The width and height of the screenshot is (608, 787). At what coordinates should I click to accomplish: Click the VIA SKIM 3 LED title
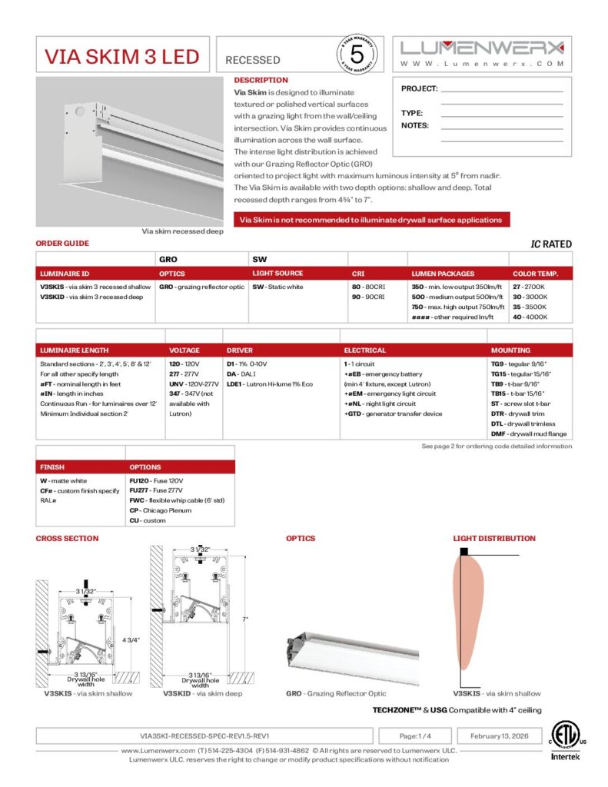click(121, 58)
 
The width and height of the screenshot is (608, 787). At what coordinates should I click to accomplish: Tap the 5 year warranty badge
click(356, 55)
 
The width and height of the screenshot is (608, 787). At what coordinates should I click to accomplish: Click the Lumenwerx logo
click(482, 47)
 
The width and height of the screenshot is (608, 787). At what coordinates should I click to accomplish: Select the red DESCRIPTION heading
click(261, 80)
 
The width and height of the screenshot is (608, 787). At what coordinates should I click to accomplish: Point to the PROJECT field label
click(419, 89)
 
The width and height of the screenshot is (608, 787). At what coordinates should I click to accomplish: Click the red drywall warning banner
click(371, 220)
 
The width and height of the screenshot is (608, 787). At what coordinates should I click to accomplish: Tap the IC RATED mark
click(551, 244)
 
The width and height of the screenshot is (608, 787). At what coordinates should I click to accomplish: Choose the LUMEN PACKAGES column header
click(443, 274)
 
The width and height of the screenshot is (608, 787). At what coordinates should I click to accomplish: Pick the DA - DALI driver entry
click(241, 374)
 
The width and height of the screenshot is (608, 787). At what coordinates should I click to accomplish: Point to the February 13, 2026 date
click(499, 736)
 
